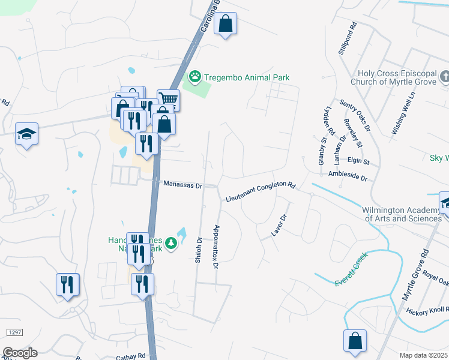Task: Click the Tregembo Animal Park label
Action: coord(247,77)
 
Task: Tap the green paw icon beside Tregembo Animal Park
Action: coord(194,77)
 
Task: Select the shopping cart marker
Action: coord(169,99)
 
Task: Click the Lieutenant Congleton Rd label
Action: coord(261,192)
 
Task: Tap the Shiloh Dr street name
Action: coord(199,253)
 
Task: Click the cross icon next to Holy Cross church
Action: coord(444,77)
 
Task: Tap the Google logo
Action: coord(20,352)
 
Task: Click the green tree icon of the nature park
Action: coord(172,243)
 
